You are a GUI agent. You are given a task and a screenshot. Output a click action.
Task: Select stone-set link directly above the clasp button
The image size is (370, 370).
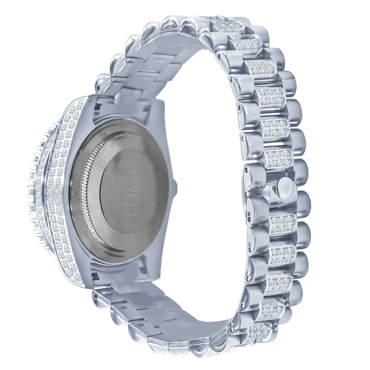pyautogui.click(x=278, y=158)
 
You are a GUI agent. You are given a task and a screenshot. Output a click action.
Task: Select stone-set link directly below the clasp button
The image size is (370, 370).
pyautogui.click(x=283, y=224)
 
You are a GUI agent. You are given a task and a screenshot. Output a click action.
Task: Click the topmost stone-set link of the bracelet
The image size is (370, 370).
pyautogui.click(x=229, y=26)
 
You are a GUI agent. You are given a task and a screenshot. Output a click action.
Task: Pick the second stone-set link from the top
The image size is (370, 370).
pyautogui.click(x=246, y=45)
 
